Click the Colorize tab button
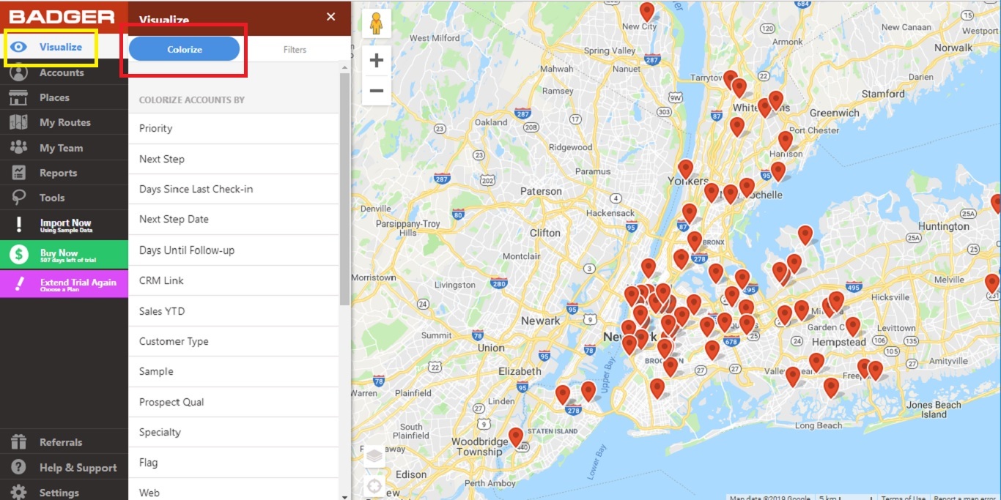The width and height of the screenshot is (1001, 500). tap(184, 49)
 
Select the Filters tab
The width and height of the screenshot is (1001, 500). tap(295, 50)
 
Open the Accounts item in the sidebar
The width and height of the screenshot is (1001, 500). tap(62, 72)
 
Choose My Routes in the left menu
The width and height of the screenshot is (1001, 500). tap(64, 122)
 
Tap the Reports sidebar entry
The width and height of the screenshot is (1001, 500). tap(58, 173)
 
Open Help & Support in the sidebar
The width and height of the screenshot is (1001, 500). tap(78, 468)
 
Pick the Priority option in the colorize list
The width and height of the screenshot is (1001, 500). tap(156, 128)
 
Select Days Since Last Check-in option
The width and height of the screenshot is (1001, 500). tap(196, 189)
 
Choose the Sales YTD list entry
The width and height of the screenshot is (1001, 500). tap(162, 311)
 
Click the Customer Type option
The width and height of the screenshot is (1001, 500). tap(174, 341)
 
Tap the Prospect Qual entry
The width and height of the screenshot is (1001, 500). tap(171, 402)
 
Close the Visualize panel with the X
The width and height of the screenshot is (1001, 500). tap(331, 16)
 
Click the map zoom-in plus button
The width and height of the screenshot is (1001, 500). tap(377, 61)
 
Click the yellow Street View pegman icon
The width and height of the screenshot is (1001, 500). tap(377, 23)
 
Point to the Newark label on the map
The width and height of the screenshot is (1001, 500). tap(540, 321)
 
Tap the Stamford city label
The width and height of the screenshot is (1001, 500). tap(883, 94)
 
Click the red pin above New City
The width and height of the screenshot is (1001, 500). tap(647, 11)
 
